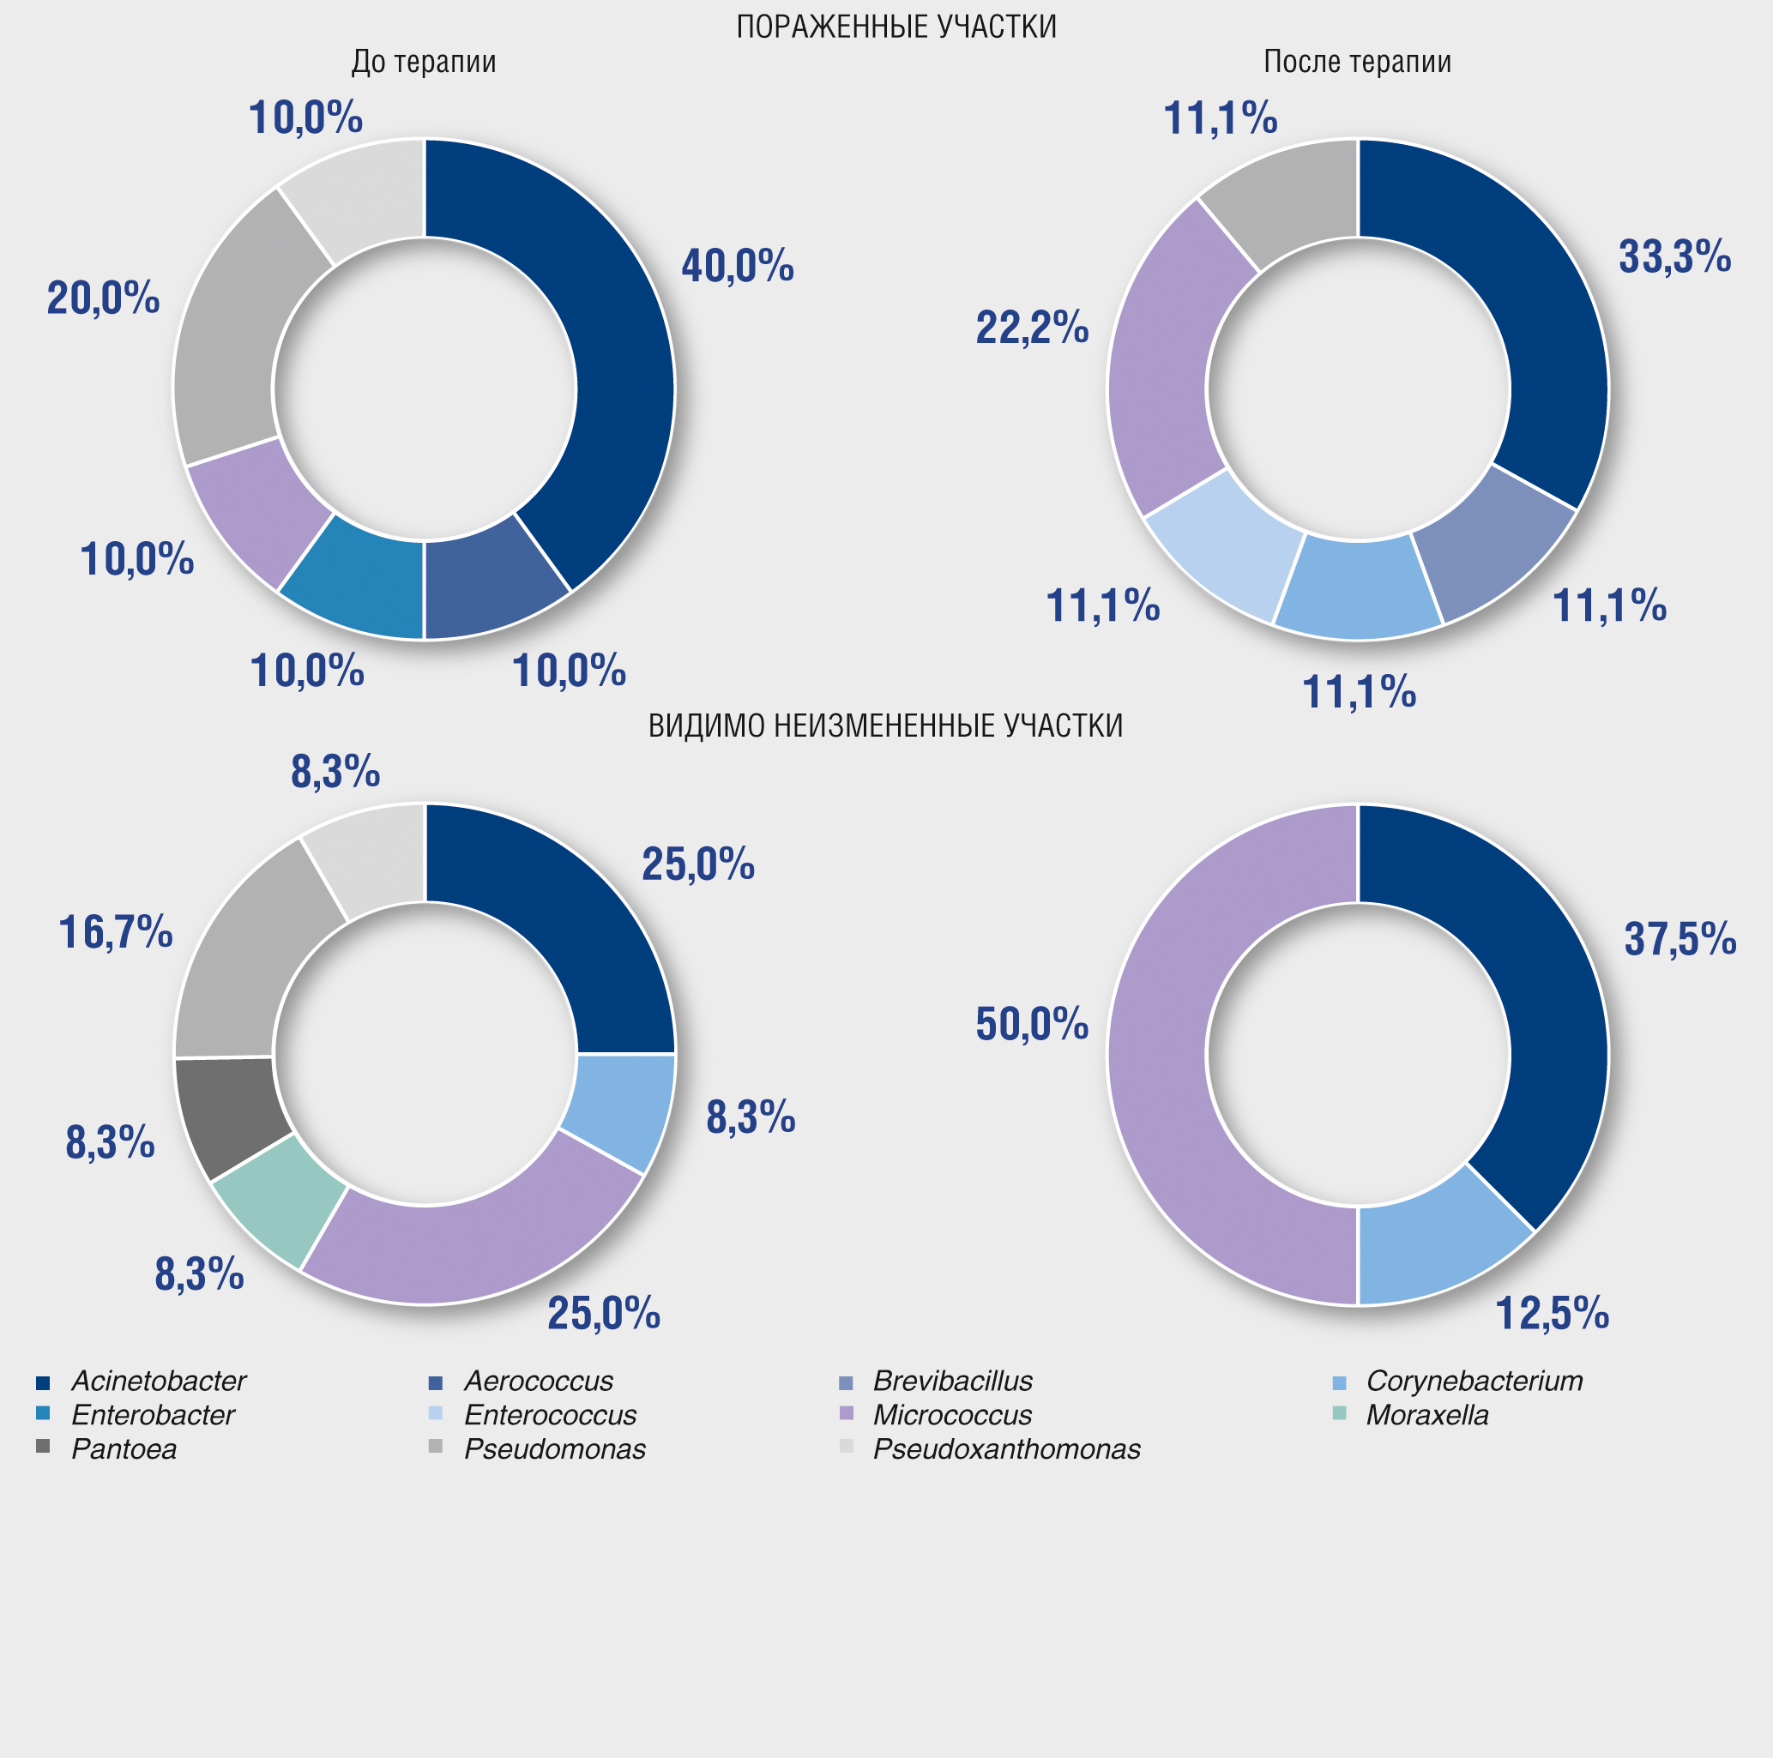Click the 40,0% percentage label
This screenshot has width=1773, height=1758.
[x=737, y=266]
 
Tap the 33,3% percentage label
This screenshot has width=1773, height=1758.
[x=1673, y=257]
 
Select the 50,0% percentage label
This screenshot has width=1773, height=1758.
[x=1032, y=1024]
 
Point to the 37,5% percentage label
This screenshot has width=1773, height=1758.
[x=1680, y=939]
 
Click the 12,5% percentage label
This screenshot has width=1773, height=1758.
[x=1552, y=1313]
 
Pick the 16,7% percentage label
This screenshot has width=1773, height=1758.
[x=116, y=932]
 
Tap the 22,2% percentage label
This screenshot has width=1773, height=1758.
[x=1032, y=328]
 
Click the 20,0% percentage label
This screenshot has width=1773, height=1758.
[x=104, y=298]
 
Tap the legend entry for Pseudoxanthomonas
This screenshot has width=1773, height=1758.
[x=1006, y=1448]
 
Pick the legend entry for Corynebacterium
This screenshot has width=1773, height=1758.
[x=1474, y=1381]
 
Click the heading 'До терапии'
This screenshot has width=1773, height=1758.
[x=424, y=62]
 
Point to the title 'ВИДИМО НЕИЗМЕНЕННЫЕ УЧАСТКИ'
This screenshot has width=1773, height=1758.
[x=885, y=725]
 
